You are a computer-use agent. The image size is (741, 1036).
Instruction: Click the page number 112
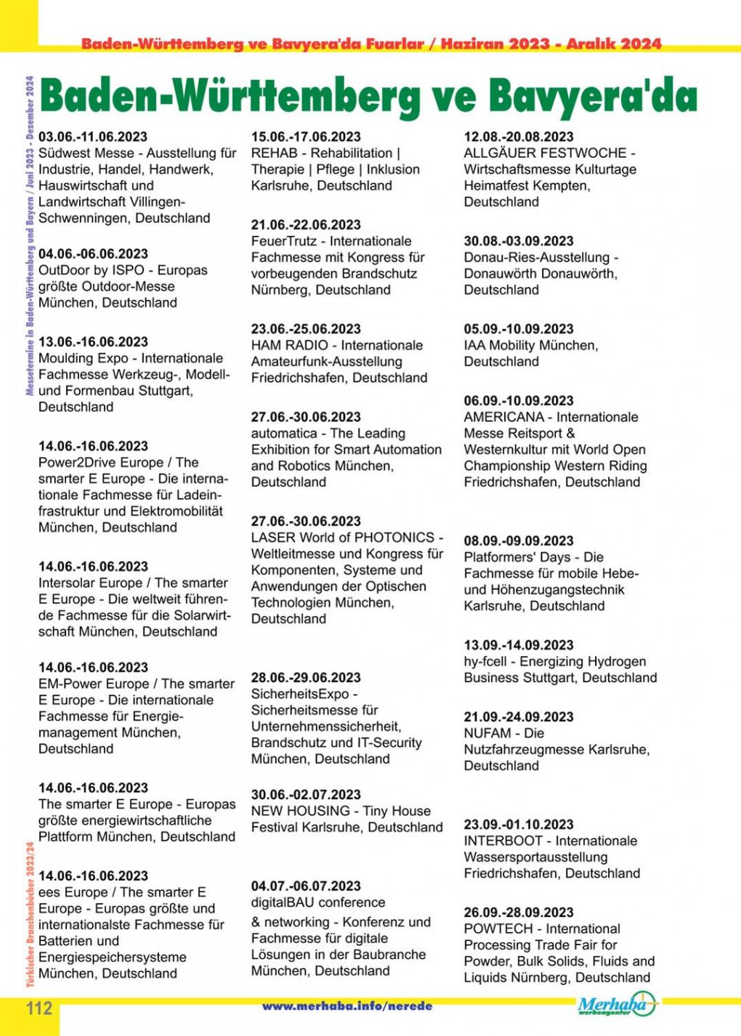[x=40, y=1008]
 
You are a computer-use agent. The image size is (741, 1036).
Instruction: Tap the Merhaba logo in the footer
[x=615, y=1005]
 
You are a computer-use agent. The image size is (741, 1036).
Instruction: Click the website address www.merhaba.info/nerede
[x=347, y=1006]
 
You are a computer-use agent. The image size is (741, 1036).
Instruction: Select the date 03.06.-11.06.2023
[x=93, y=137]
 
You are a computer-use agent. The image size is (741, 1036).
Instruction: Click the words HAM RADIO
[x=289, y=345]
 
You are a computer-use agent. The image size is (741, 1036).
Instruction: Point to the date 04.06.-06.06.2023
[x=93, y=254]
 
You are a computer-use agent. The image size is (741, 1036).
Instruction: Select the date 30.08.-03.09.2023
[x=519, y=240]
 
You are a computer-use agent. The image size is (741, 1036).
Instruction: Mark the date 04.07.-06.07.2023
[x=306, y=886]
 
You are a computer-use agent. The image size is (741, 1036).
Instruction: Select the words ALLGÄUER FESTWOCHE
[x=545, y=153]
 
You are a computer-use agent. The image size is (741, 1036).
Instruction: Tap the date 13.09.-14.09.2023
[x=519, y=644]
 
